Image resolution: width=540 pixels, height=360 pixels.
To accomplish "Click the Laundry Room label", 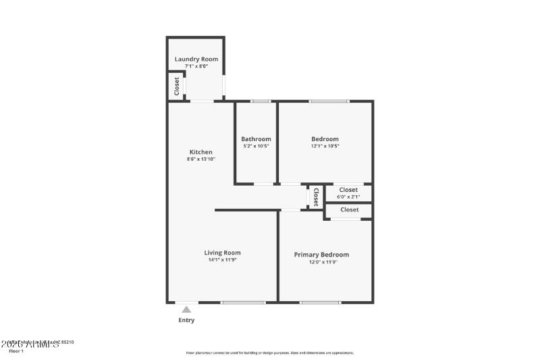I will click(196, 59).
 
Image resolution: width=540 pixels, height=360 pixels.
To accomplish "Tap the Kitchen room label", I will click(200, 152).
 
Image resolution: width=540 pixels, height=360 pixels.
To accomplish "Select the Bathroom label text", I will click(256, 139).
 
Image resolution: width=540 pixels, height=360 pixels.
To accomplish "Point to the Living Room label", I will click(222, 253).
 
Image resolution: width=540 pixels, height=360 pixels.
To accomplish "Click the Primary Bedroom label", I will click(321, 255).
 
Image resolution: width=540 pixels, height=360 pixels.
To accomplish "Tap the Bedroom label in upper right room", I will click(325, 139).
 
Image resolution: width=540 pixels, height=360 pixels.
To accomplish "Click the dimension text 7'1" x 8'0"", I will click(196, 66).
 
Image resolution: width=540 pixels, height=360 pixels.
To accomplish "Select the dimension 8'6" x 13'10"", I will click(200, 159).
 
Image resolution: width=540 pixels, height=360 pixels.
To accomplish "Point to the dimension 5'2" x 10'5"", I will click(256, 146).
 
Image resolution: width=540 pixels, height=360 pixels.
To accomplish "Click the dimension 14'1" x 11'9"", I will click(222, 260).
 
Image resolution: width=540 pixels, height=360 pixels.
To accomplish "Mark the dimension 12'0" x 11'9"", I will click(321, 262).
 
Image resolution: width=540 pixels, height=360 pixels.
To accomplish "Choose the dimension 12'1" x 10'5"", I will click(325, 146).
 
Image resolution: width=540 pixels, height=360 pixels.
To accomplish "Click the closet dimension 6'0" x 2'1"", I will click(348, 197).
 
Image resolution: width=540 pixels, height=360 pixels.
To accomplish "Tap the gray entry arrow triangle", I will click(186, 309).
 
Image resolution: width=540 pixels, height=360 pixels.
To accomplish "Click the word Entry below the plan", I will click(186, 320).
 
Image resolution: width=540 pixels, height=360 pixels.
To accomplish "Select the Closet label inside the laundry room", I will click(177, 86).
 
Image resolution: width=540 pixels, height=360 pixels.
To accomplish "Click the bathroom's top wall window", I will click(261, 101).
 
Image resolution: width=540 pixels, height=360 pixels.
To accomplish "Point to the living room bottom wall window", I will click(244, 303).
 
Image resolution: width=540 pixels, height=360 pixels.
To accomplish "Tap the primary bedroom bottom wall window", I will click(320, 303).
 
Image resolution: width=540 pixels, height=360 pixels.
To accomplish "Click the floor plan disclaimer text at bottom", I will click(270, 353).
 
